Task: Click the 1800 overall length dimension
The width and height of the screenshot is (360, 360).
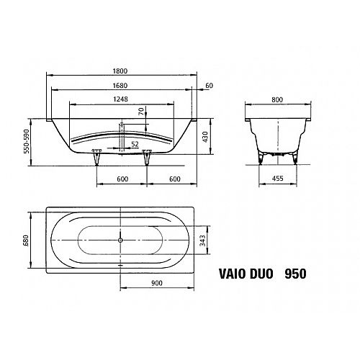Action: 120,71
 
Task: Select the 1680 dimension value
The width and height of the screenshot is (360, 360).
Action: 120,86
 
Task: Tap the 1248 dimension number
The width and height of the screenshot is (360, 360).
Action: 120,99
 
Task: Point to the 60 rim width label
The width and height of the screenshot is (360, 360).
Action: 210,86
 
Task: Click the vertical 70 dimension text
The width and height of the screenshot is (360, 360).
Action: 141,112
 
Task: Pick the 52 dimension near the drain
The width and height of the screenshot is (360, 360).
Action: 135,144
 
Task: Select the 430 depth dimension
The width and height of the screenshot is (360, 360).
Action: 205,137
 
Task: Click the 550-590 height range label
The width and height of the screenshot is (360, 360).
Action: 27,141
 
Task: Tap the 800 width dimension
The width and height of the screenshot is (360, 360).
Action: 277,99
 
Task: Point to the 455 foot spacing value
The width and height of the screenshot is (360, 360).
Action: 278,179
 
